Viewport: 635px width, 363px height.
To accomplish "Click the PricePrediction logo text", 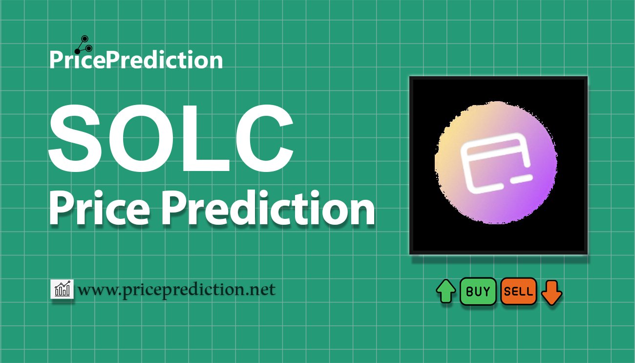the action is [x=136, y=60].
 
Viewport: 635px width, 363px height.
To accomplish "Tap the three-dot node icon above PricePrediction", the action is [x=84, y=45].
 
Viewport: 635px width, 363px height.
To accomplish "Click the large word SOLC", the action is [x=171, y=138].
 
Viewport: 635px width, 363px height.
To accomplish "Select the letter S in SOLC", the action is [x=75, y=138].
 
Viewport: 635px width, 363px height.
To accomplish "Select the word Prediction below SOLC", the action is [x=268, y=208].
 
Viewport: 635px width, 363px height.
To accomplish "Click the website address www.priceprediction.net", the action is [x=177, y=290].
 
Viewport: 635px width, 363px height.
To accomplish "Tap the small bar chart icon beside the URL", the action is [x=62, y=289].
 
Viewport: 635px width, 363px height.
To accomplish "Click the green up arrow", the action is [x=446, y=291].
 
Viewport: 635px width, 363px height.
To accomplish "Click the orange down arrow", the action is [x=551, y=293].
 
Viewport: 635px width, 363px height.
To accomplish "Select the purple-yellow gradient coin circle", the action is [x=496, y=163].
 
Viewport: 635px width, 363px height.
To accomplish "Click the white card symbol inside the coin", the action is [x=496, y=163].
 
